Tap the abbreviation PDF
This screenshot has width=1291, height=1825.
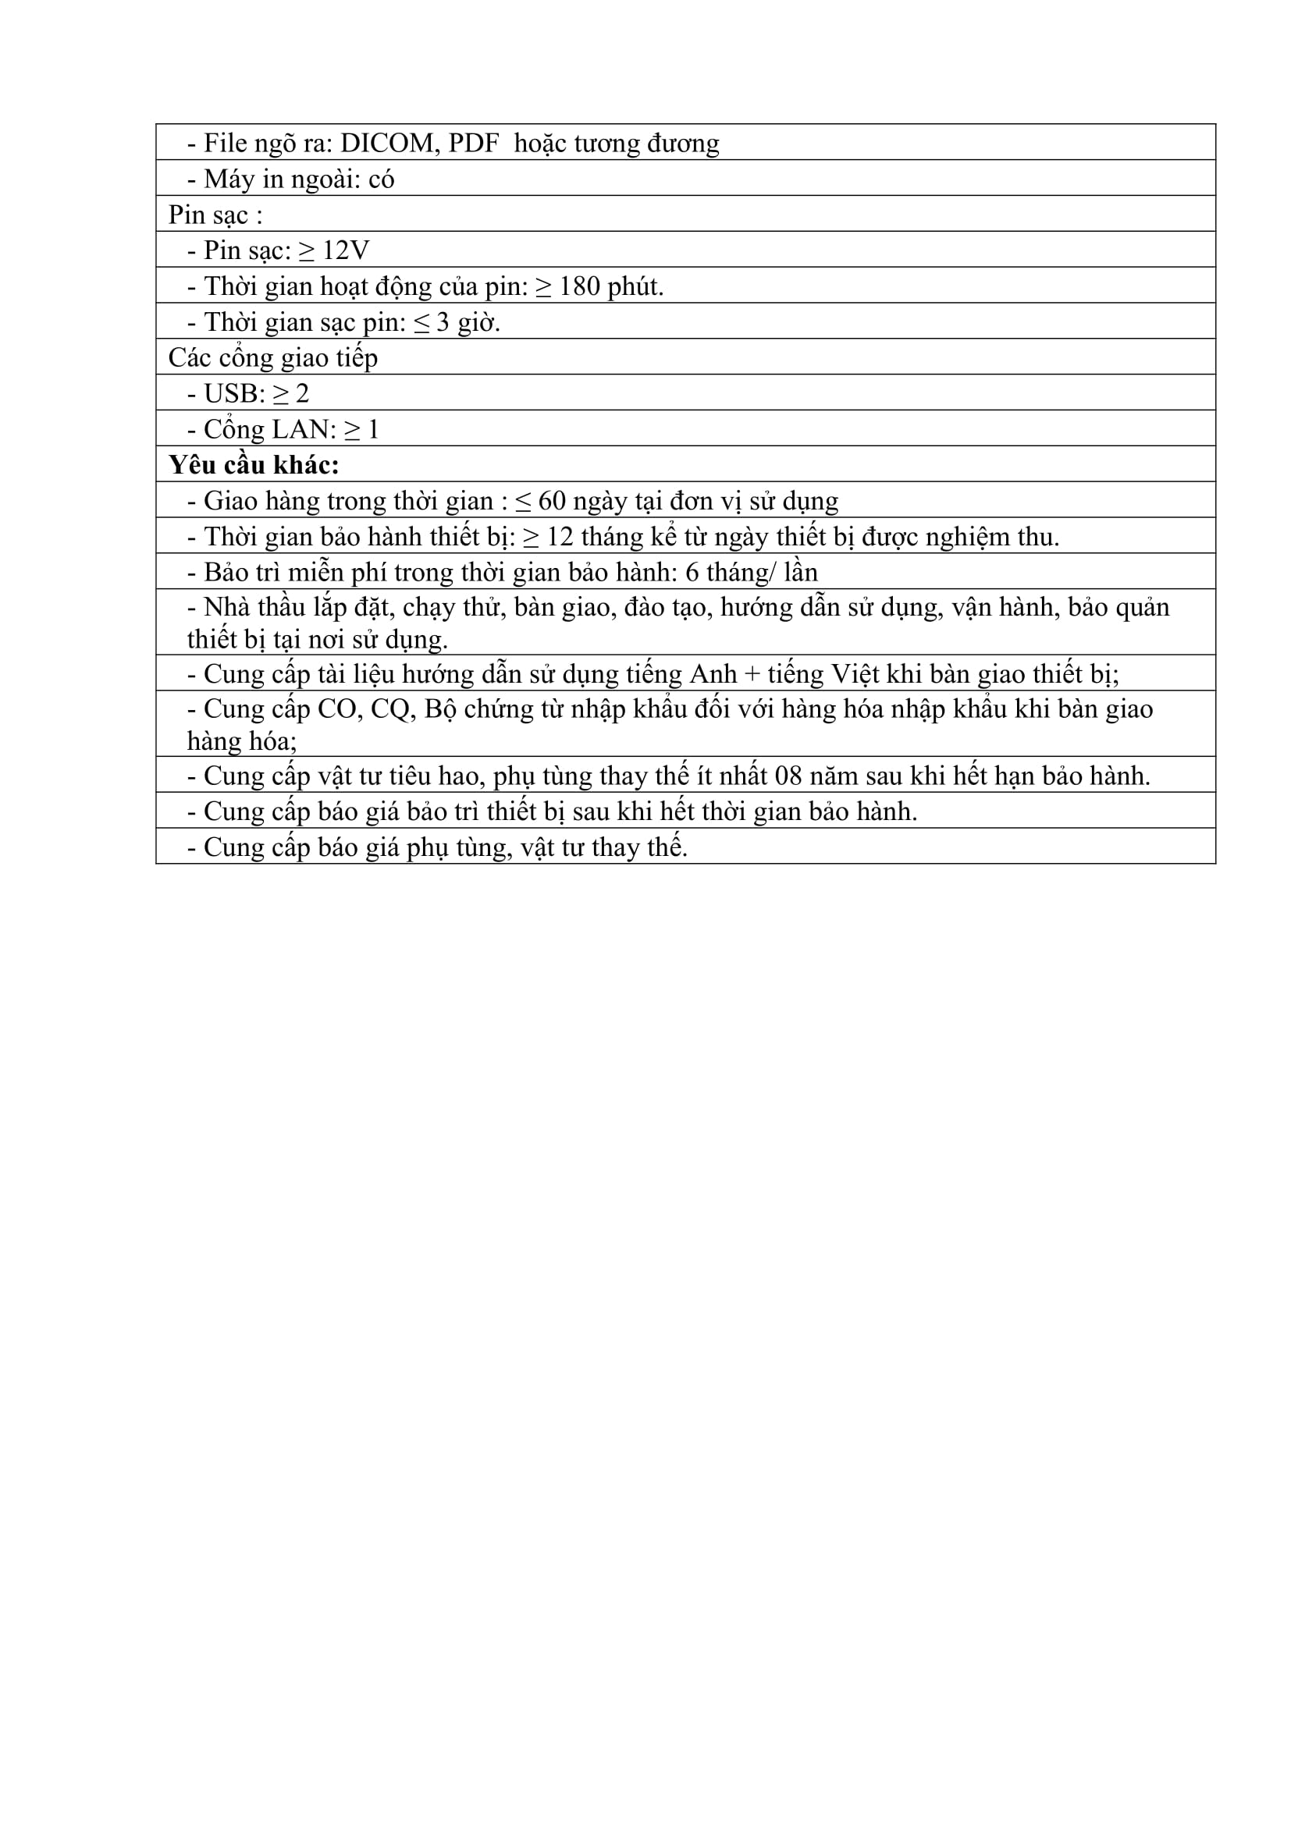pos(474,143)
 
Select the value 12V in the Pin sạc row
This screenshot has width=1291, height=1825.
pos(346,250)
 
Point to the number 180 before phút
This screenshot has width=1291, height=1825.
pos(578,286)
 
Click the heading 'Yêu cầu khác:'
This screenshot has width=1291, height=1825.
pos(254,465)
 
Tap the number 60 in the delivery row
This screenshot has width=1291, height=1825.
pos(552,501)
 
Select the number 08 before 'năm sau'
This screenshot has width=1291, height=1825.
pos(788,776)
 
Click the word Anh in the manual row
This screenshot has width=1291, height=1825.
pos(713,674)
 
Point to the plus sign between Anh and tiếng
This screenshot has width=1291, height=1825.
pos(752,675)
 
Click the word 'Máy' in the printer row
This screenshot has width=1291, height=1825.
pos(228,179)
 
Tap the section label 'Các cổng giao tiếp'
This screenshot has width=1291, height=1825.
pos(272,357)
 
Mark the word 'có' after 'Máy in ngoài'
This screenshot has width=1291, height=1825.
pos(382,179)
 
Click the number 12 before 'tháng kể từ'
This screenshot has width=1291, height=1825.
pos(560,537)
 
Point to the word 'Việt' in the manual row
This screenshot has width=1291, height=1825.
pos(855,674)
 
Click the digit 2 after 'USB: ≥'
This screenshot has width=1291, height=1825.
pos(302,393)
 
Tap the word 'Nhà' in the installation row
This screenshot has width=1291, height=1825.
pos(227,607)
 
